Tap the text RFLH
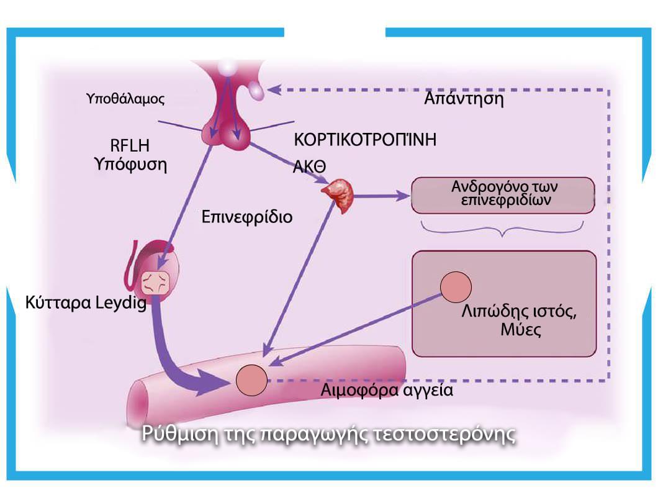[x=130, y=146]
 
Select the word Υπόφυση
[x=130, y=165]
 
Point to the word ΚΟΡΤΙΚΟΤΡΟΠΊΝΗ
[x=365, y=139]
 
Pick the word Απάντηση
[x=464, y=99]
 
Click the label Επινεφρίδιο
[x=247, y=218]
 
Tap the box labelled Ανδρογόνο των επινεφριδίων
[x=502, y=194]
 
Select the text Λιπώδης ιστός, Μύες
[x=520, y=320]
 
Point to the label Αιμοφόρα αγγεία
[x=387, y=391]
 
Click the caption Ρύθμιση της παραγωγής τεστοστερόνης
[x=329, y=433]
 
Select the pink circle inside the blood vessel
[x=251, y=379]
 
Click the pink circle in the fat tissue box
[x=456, y=288]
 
